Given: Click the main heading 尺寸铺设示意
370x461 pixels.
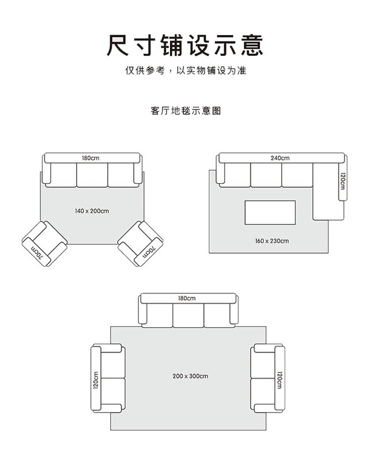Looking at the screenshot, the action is point(184,45).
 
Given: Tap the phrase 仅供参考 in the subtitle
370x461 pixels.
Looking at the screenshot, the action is point(145,71).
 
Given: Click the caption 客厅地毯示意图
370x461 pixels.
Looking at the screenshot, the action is point(184,111).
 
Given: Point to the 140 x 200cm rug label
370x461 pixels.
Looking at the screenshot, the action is point(92,211).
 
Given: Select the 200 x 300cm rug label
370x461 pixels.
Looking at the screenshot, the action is point(190,376).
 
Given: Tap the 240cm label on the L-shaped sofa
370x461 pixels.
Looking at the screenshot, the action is point(280,158).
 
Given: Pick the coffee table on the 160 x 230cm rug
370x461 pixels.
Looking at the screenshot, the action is point(270,213).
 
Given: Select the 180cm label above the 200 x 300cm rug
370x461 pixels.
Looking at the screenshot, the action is point(187,298).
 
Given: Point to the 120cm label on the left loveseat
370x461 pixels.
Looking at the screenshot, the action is point(96,379).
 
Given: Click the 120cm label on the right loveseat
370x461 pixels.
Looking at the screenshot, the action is point(280,379).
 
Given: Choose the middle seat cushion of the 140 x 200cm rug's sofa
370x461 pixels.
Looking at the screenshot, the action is point(92,175).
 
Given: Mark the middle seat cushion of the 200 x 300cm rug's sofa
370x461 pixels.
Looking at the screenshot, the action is point(188,315).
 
